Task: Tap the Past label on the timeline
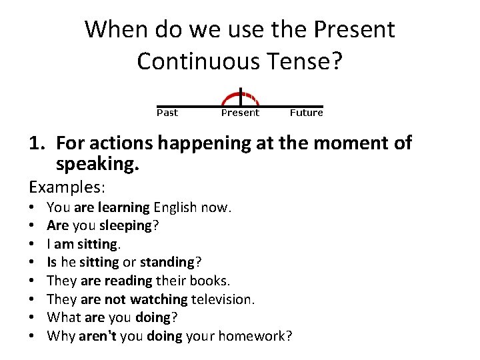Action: (x=167, y=113)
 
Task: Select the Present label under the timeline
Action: (x=240, y=113)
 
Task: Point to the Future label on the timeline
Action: (x=306, y=113)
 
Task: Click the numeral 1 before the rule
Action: (x=34, y=143)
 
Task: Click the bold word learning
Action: (x=123, y=207)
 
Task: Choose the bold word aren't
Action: (x=97, y=336)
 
